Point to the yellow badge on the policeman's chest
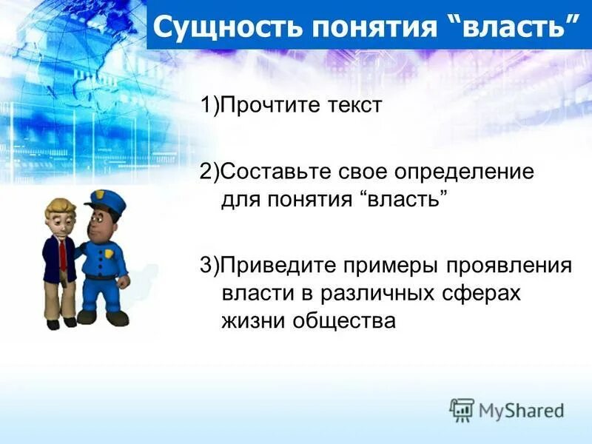[x=110, y=254]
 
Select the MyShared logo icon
[x=462, y=409]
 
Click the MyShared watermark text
[x=521, y=410]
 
